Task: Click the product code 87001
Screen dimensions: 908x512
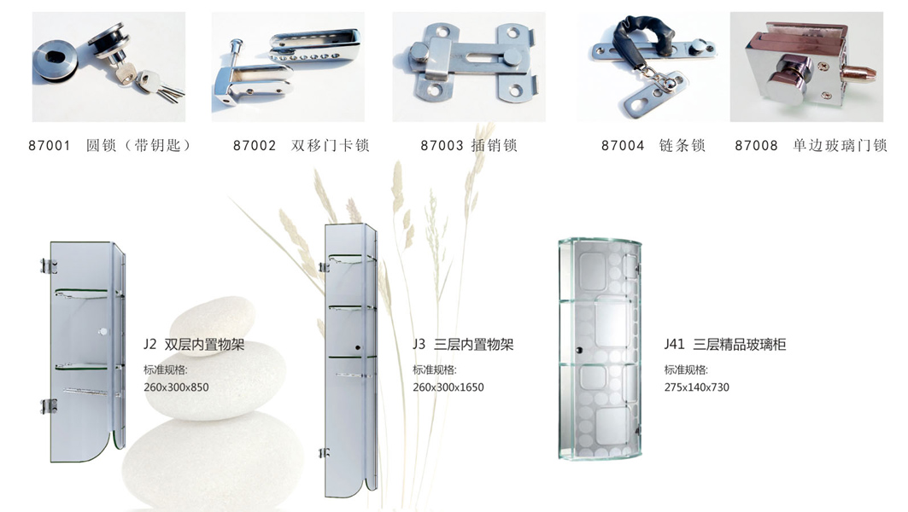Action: [50, 145]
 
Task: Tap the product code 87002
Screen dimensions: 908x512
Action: [255, 145]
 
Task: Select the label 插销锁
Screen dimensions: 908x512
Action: [494, 145]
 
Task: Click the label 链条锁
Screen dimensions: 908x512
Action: [682, 145]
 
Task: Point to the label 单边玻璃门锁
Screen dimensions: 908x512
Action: [840, 145]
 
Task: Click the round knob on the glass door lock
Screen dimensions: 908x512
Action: [786, 78]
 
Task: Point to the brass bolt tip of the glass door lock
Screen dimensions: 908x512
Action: [860, 73]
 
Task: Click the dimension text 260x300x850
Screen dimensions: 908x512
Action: [176, 387]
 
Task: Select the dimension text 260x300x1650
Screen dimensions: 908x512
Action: [448, 387]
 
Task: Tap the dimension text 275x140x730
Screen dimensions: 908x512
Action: [697, 387]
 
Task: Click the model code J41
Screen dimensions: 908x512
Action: [674, 344]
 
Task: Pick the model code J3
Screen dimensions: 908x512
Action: [419, 344]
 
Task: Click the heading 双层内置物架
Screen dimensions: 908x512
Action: [204, 345]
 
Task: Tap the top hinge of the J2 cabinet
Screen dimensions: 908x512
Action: [49, 266]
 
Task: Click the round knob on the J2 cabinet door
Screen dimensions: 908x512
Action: [103, 332]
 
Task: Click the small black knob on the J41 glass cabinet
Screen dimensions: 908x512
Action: [578, 350]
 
